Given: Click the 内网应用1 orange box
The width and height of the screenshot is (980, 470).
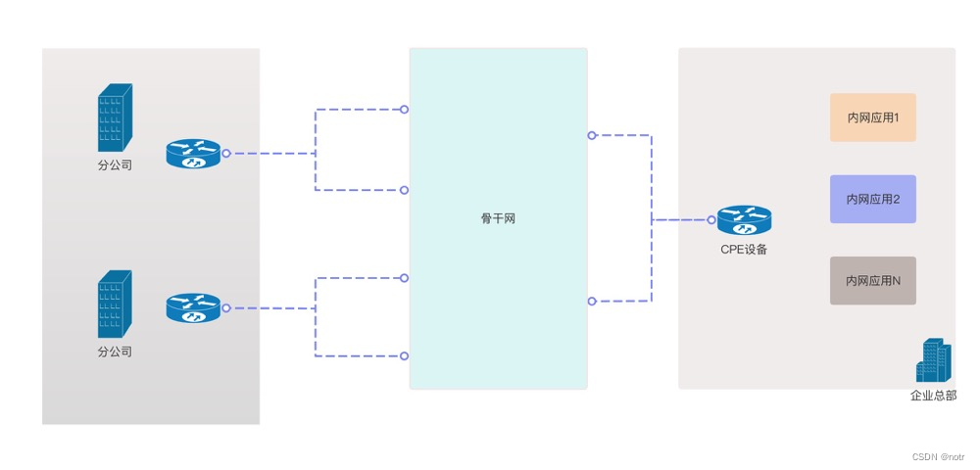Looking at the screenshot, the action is pyautogui.click(x=872, y=117).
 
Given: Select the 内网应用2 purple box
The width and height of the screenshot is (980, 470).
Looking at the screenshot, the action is pyautogui.click(x=872, y=199).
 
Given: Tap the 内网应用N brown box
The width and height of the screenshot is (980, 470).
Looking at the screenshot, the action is pyautogui.click(x=872, y=281).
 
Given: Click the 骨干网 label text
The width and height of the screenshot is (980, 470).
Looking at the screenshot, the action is pyautogui.click(x=498, y=218).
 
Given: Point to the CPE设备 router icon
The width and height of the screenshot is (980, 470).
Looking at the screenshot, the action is pyautogui.click(x=744, y=220).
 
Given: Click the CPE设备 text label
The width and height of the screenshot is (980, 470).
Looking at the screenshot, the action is pyautogui.click(x=744, y=249).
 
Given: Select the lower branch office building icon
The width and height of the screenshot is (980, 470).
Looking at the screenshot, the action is pyautogui.click(x=115, y=305).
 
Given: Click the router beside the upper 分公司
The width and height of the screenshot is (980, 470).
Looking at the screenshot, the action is pyautogui.click(x=194, y=154).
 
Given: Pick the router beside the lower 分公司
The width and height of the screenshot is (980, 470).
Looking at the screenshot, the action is pyautogui.click(x=194, y=308).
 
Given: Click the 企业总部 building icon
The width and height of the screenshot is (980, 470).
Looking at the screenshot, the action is pyautogui.click(x=933, y=360).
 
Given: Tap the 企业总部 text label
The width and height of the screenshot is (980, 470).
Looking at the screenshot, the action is pyautogui.click(x=933, y=396).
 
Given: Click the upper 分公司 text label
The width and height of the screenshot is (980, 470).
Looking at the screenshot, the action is pyautogui.click(x=115, y=165).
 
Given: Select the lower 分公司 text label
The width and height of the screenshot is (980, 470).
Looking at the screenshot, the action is pyautogui.click(x=115, y=352).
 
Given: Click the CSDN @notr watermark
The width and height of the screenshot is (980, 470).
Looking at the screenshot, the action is pyautogui.click(x=938, y=457).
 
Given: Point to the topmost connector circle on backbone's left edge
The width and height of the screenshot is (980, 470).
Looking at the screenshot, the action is pyautogui.click(x=404, y=110).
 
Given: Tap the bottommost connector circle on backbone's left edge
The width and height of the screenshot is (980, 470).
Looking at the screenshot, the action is pyautogui.click(x=404, y=355).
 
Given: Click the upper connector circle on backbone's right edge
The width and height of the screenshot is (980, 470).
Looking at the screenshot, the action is pyautogui.click(x=591, y=135).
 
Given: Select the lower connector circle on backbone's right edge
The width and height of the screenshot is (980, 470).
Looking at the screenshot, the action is pyautogui.click(x=591, y=302).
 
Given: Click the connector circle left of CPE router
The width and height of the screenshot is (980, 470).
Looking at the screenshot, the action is pyautogui.click(x=711, y=220).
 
